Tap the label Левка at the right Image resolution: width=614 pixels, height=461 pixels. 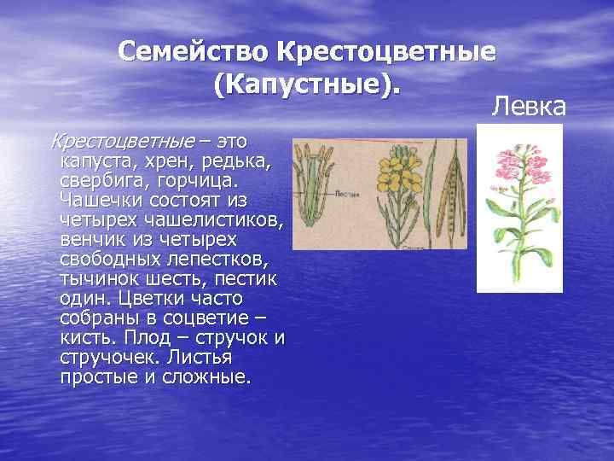point(529,107)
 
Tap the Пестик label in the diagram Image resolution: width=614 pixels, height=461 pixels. point(348,195)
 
